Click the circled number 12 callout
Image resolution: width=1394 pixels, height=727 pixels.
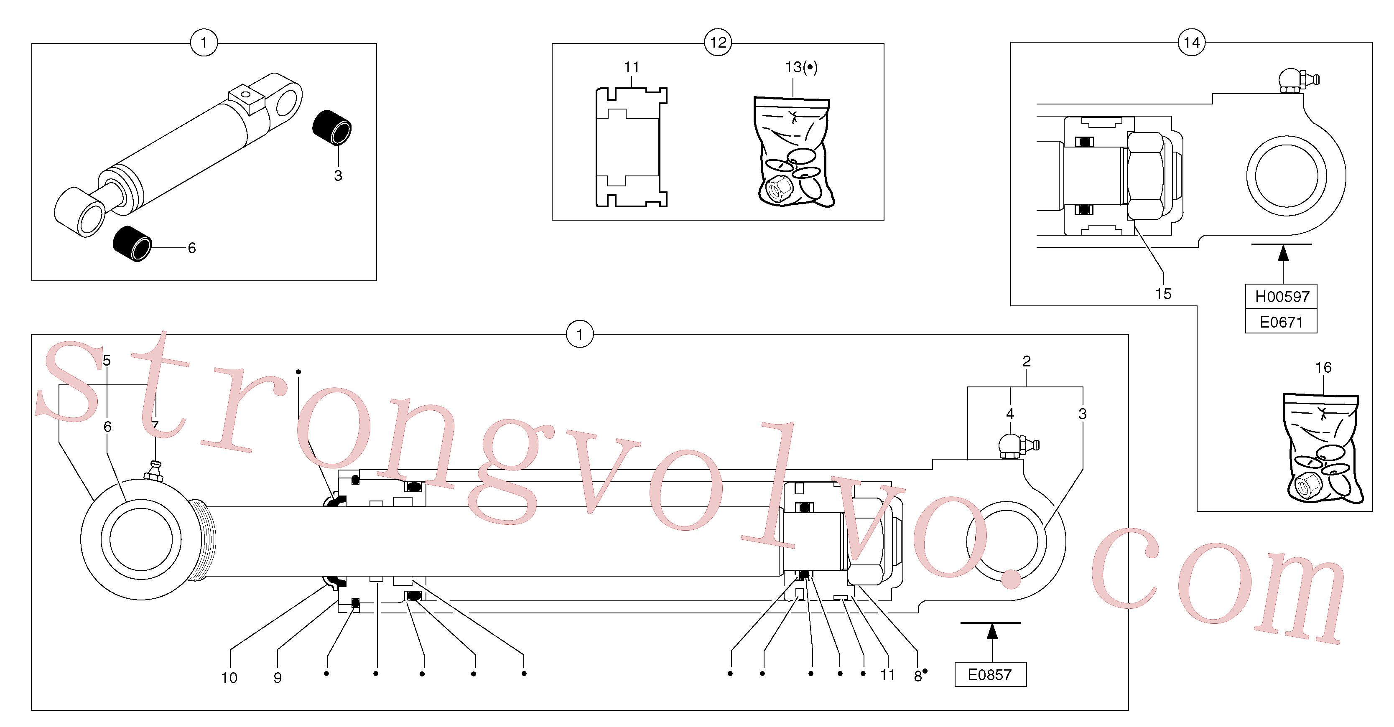[718, 42]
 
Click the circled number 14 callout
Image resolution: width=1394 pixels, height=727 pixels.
[1192, 42]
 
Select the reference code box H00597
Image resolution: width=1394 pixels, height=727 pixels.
[1282, 296]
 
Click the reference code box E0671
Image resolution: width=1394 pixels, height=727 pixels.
[1282, 321]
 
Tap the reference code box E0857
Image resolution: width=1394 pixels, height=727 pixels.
[990, 674]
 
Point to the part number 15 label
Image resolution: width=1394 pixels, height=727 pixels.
[1163, 294]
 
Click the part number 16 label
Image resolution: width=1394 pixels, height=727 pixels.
[1323, 367]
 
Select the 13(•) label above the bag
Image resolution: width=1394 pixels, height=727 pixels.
[801, 67]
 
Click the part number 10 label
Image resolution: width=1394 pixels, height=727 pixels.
[229, 678]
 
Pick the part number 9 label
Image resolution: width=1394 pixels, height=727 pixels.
[278, 678]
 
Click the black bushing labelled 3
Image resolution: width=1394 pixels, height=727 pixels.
[332, 128]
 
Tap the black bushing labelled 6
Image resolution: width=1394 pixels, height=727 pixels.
[133, 244]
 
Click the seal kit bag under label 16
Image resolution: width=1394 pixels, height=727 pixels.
[1323, 448]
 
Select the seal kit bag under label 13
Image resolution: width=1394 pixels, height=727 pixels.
[793, 151]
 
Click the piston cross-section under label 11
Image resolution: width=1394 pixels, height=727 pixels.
[631, 147]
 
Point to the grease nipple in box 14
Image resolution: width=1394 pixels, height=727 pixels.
[1298, 81]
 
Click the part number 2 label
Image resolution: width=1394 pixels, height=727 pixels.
[1026, 361]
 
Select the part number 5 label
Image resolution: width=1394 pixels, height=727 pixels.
[107, 360]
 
